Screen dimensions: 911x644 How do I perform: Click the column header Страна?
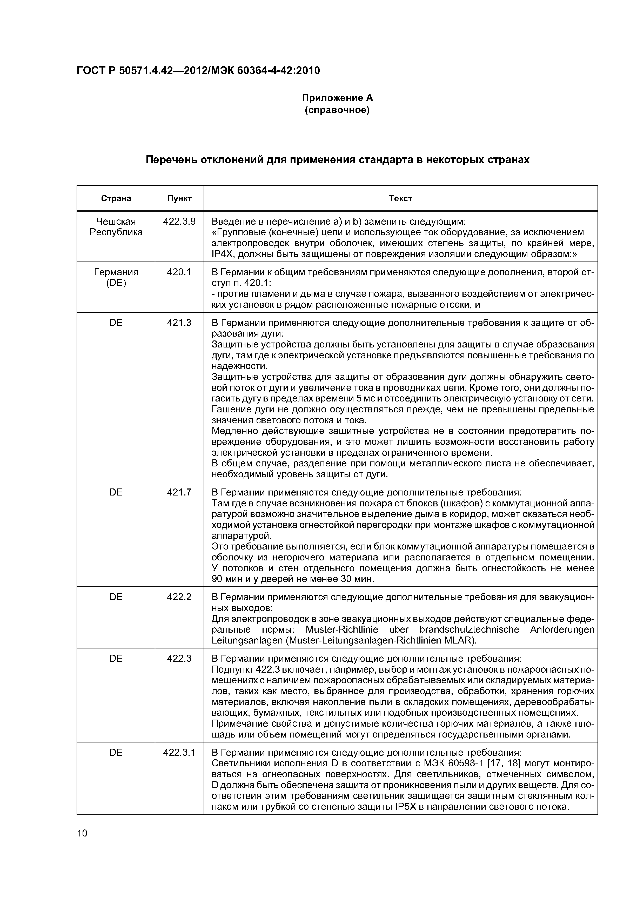116,198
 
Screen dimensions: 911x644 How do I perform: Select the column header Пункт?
179,198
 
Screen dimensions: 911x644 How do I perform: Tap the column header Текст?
400,198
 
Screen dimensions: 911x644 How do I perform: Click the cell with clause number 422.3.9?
179,222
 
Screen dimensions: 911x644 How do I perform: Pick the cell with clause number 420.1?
179,272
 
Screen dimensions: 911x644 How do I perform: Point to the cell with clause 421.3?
179,323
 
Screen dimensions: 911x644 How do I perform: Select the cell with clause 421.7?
179,492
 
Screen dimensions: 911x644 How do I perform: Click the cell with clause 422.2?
179,597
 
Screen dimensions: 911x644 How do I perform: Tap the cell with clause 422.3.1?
179,753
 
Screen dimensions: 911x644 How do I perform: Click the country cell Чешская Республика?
116,227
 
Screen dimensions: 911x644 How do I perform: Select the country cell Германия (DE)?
116,278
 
